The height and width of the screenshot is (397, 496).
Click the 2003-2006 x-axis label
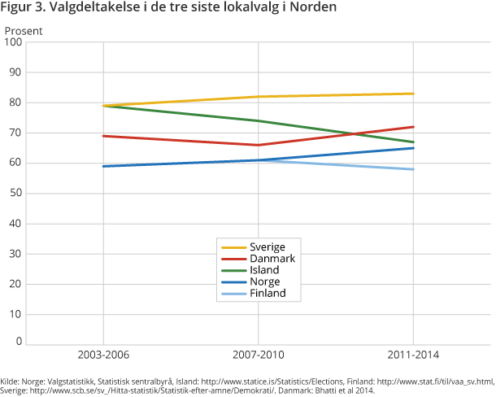(103, 356)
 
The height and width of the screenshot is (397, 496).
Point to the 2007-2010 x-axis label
(259, 356)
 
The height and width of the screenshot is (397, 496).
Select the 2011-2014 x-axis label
(413, 356)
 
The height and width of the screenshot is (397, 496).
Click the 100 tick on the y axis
(13, 42)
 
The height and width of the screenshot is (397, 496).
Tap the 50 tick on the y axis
(15, 194)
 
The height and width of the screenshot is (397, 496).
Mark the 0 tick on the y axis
(18, 342)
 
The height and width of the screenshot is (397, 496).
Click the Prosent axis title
(24, 31)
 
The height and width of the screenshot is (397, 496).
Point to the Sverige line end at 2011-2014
(413, 94)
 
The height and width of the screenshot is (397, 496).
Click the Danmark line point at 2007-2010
(259, 145)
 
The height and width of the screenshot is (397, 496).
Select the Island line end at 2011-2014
(413, 142)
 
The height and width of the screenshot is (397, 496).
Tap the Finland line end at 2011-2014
(413, 169)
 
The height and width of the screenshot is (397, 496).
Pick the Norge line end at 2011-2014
(413, 148)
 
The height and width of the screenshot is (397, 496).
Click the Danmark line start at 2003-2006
(103, 136)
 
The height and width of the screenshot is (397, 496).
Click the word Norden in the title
(314, 9)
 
